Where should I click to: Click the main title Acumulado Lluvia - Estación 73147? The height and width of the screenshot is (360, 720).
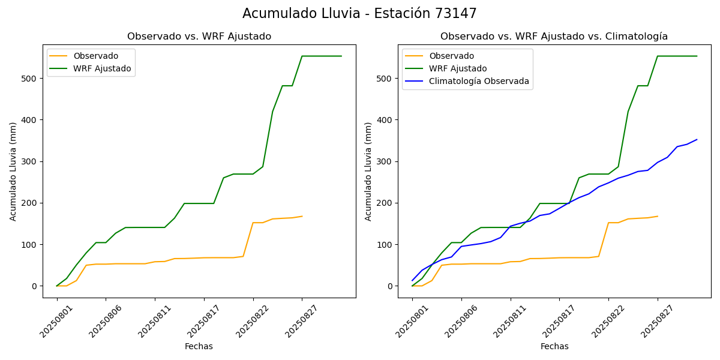359,14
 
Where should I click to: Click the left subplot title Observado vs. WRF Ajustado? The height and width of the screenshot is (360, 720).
199,37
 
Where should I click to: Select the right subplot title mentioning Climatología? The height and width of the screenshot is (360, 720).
554,37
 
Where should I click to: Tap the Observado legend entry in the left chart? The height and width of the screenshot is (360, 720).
95,56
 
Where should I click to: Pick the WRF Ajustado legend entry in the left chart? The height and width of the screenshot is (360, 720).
102,68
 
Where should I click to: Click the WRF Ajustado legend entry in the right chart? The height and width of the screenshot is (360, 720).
457,68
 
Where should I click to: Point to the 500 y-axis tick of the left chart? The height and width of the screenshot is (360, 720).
30,79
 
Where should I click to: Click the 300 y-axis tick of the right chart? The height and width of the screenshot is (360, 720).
385,161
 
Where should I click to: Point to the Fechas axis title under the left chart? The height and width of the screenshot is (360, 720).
199,346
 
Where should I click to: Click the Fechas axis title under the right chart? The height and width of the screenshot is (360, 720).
554,346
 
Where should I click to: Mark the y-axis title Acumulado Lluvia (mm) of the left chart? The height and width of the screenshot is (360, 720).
13,171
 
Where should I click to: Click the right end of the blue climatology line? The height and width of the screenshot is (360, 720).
697,140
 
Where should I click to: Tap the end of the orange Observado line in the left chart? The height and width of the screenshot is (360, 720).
302,216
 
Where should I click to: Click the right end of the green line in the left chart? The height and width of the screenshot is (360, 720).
341,56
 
